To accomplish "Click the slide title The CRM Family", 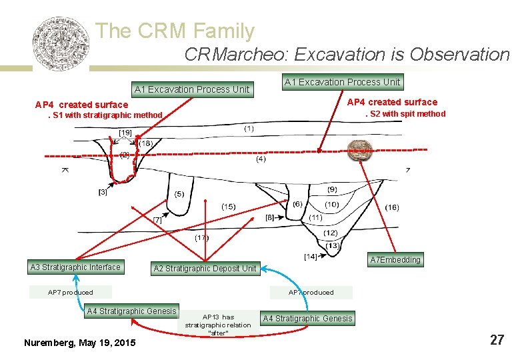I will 175,31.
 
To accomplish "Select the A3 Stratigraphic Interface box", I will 75,267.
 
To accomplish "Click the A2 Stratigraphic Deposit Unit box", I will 205,269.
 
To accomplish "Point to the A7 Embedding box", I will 396,260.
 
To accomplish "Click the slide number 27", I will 497,340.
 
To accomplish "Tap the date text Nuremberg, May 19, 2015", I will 79,343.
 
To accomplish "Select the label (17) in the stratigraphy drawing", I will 201,238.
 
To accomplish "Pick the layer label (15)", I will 228,207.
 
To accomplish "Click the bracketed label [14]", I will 310,257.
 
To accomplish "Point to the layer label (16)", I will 392,207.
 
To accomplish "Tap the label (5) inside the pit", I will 179,195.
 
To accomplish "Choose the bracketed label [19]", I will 125,133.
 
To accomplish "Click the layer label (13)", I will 333,245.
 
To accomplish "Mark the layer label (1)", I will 249,128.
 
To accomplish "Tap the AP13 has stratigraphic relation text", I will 218,325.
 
